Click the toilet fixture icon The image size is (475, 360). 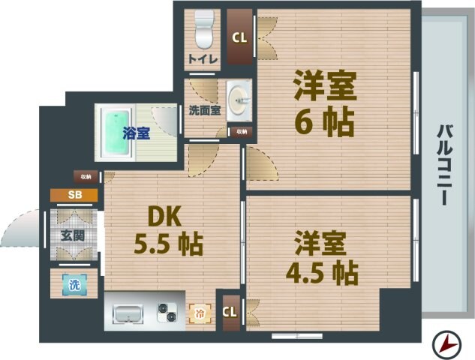[203, 29]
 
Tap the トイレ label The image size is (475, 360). [203, 59]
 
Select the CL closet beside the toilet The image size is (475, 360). [239, 37]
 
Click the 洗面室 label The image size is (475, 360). [203, 109]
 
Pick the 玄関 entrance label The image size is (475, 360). [74, 234]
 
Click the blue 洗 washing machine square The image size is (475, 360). [74, 285]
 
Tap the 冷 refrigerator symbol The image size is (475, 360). [200, 312]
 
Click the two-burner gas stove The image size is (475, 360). [167, 312]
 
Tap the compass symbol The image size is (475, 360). [447, 344]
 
